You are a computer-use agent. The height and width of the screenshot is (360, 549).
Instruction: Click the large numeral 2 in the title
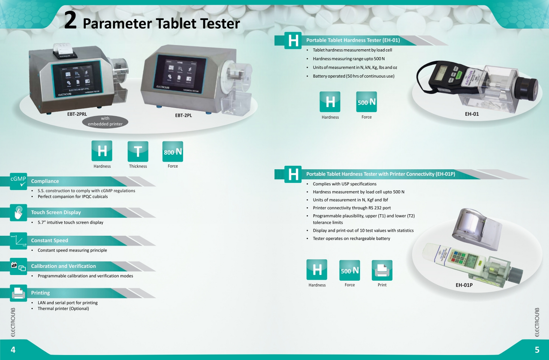click(70, 21)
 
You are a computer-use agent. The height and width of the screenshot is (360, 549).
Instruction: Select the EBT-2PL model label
click(183, 115)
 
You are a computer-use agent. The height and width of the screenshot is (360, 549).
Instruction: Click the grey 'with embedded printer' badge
click(105, 121)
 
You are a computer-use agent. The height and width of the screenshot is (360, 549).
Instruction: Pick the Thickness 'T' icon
click(138, 151)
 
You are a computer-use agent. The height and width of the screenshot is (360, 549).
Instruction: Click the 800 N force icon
click(172, 152)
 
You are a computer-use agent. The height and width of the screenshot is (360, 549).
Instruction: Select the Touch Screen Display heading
click(56, 213)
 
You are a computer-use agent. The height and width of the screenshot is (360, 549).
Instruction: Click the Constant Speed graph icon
click(18, 241)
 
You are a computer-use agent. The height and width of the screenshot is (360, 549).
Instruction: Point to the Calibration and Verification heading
click(63, 266)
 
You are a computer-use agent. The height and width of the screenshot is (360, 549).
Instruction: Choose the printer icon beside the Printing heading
click(18, 293)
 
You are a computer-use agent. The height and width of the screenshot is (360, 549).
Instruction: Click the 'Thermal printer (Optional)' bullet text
click(63, 309)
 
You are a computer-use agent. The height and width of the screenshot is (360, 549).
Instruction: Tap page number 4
click(13, 350)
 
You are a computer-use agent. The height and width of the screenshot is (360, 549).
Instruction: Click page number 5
click(537, 350)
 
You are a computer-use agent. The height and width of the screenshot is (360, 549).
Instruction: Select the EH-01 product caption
click(472, 114)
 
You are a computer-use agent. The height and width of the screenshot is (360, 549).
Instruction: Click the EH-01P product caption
click(464, 285)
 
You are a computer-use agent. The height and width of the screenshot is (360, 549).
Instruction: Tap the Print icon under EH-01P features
click(382, 270)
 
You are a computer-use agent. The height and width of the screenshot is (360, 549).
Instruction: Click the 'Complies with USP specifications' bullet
click(344, 184)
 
